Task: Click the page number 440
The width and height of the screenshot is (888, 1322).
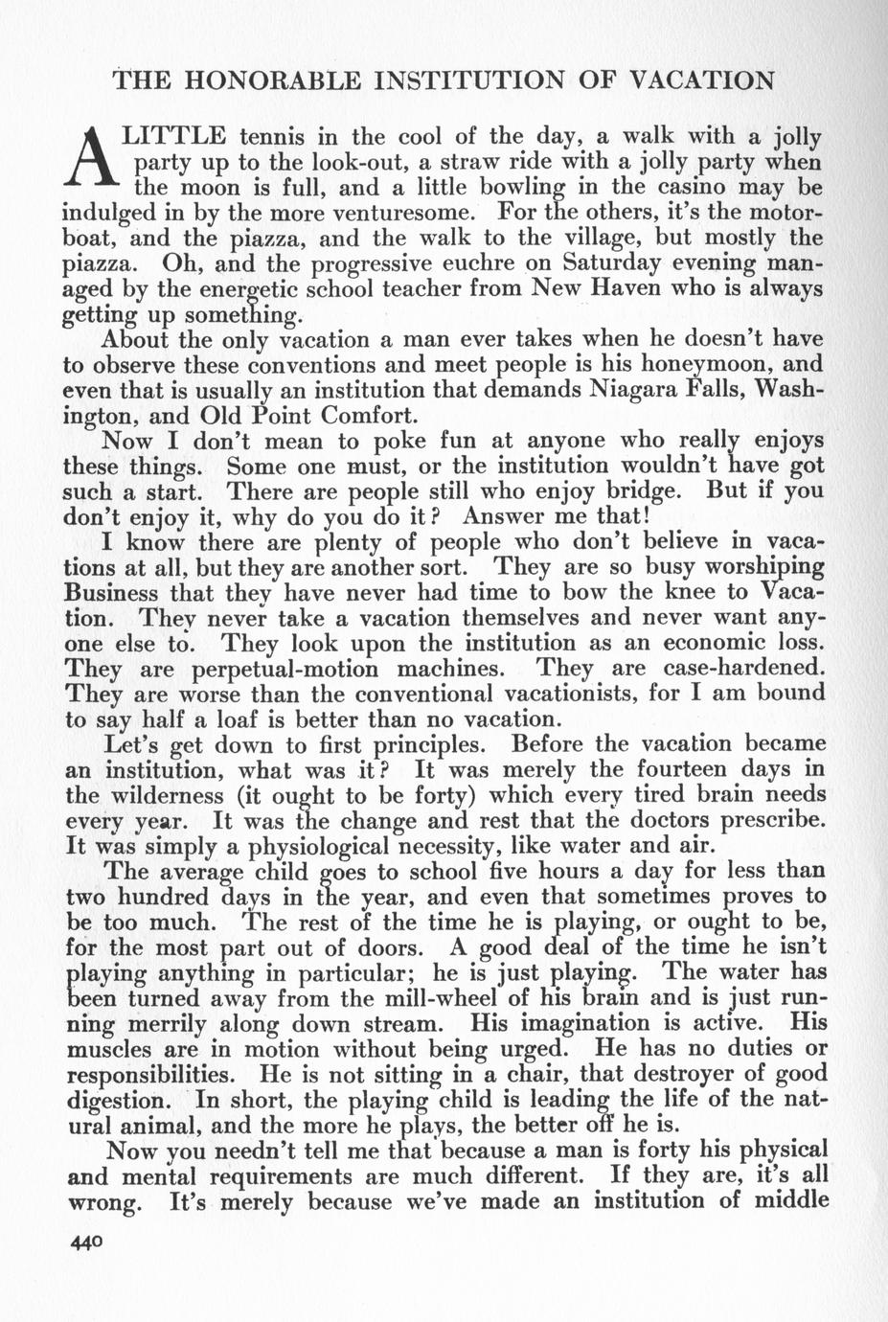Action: click(84, 1243)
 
